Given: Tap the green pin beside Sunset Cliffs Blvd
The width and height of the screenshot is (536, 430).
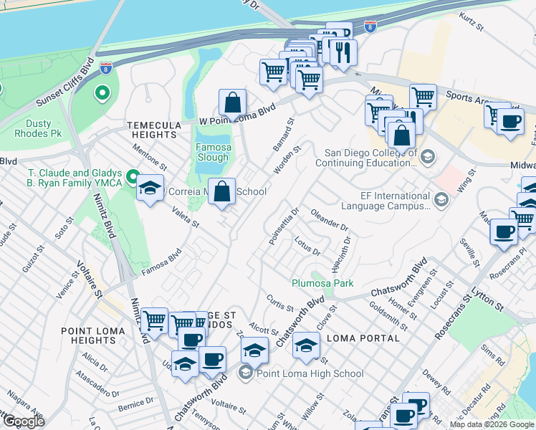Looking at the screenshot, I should tap(102, 92).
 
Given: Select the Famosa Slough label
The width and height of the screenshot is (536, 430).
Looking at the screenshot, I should tap(214, 153).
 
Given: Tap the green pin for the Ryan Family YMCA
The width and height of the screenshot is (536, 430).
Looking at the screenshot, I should tap(133, 176).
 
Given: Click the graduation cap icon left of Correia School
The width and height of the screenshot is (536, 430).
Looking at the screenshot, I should tap(150, 189).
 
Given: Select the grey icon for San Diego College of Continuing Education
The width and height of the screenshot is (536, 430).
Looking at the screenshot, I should tap(427, 156).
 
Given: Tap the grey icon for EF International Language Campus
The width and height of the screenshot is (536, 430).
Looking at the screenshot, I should tap(441, 199).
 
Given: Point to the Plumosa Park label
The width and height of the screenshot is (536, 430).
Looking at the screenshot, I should tap(322, 283).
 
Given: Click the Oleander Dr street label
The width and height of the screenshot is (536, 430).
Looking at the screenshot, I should tap(330, 220).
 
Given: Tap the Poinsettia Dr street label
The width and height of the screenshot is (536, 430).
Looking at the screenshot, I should tap(284, 226).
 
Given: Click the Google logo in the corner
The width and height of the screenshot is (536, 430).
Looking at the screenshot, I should tap(24, 421).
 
